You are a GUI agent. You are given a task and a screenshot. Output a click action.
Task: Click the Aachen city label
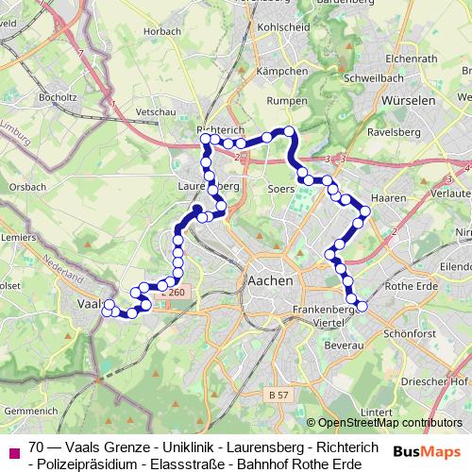pyautogui.click(x=271, y=280)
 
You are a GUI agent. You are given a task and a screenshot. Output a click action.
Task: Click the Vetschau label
pyautogui.click(x=156, y=111)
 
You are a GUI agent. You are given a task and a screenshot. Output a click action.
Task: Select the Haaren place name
pyautogui.click(x=389, y=199)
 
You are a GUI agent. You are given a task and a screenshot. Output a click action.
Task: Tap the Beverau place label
pyautogui.click(x=341, y=347)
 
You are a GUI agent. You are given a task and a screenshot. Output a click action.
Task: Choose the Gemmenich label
pyautogui.click(x=31, y=412)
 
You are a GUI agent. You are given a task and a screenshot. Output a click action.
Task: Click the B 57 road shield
pyautogui.click(x=277, y=392)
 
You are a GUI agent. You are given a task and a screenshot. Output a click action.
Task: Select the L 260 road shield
pyautogui.click(x=173, y=294)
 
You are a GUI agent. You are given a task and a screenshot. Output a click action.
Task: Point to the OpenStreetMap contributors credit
pyautogui.click(x=389, y=424)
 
